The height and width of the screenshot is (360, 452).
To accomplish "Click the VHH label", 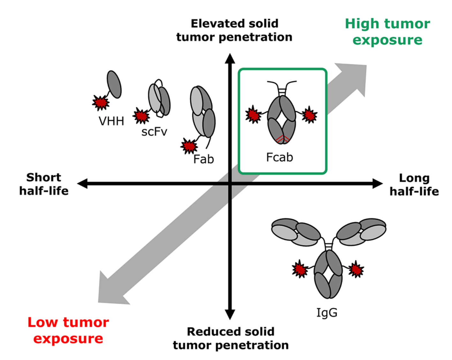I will (111, 121).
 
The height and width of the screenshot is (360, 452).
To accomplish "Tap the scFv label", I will (154, 132).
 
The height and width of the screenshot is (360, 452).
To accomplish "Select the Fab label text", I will (204, 159).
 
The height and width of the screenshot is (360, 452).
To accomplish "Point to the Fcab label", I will (280, 157).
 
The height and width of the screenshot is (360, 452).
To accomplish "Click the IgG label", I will (327, 312).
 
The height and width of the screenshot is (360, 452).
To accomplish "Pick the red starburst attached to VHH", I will (101, 103).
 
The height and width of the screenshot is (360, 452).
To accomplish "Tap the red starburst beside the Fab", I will (189, 146).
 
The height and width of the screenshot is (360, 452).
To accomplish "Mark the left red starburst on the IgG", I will (300, 269).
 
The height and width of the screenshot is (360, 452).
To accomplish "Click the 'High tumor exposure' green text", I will (388, 32).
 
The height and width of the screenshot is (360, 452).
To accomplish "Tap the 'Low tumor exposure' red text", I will (68, 330).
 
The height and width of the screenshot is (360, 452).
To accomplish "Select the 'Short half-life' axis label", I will (44, 184).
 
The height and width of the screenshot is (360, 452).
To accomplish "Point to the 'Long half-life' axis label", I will (414, 185).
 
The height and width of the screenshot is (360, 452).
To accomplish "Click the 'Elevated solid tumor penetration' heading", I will (234, 30).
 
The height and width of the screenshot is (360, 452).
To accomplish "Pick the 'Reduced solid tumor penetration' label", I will (230, 338).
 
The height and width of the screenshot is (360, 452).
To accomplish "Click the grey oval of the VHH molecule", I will (114, 84).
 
